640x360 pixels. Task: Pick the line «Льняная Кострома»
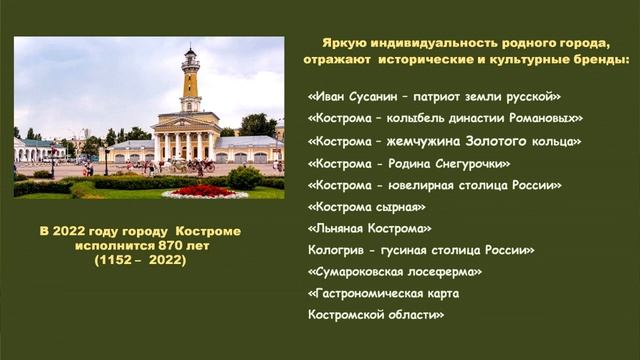370,228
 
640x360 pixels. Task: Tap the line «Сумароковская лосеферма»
396,271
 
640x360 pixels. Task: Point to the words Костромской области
376,315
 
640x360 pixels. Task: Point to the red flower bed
203,190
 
